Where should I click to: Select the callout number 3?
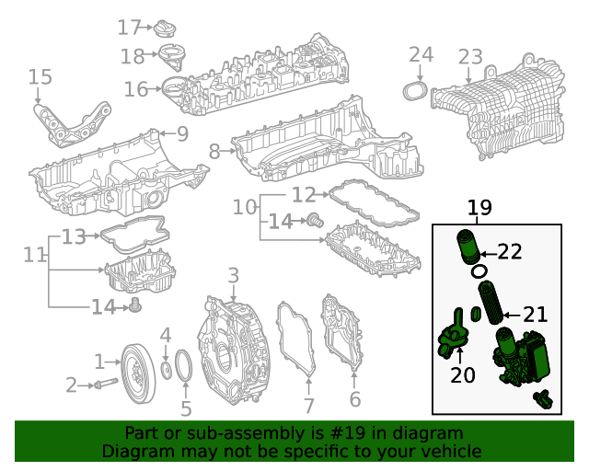[x=233, y=275]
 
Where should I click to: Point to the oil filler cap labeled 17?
[x=167, y=29]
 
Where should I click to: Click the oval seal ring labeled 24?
[x=415, y=91]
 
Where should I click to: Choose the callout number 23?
[x=470, y=58]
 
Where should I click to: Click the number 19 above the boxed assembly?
[x=479, y=208]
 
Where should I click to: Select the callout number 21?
[x=535, y=315]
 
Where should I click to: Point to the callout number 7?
[x=309, y=405]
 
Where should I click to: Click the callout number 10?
[x=244, y=208]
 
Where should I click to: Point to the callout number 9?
[x=182, y=134]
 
